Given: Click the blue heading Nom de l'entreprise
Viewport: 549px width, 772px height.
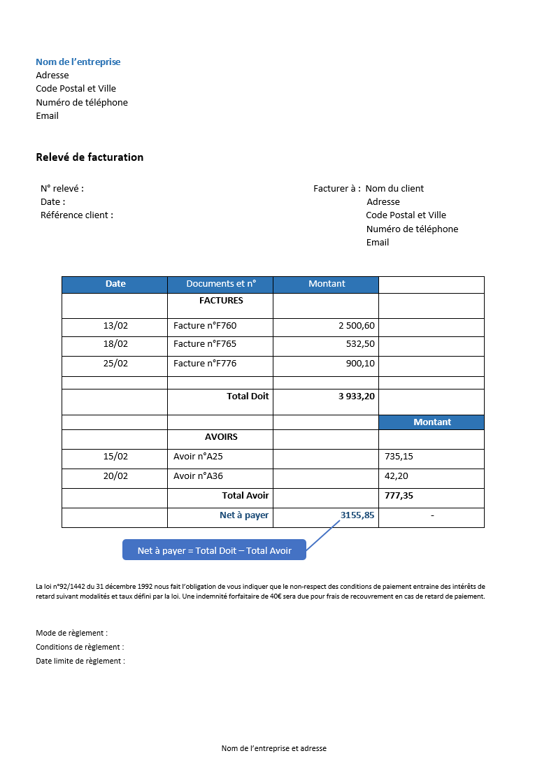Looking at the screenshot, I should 78,62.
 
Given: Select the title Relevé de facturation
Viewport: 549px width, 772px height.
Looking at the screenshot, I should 90,157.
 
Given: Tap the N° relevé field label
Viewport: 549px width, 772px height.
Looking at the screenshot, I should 62,188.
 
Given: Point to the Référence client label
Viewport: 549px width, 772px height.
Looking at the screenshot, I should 77,215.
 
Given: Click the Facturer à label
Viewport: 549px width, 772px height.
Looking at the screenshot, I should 336,188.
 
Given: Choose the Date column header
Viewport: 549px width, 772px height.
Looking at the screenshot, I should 115,284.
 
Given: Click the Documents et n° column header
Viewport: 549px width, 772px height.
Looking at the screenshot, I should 221,284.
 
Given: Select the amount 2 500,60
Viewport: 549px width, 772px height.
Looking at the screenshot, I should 357,326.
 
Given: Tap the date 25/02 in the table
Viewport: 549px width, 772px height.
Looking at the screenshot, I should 115,364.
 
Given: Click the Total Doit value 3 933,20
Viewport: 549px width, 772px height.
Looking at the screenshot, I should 357,396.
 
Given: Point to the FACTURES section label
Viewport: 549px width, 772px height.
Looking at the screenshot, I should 221,301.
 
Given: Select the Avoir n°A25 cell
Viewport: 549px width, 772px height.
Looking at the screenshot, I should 198,457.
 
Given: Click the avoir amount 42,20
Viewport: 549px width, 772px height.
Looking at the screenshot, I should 397,476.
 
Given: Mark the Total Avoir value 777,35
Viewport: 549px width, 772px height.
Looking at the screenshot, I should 399,496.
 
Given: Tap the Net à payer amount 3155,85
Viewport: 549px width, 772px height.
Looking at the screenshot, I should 357,515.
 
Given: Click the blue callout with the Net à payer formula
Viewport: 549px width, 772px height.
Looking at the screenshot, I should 214,550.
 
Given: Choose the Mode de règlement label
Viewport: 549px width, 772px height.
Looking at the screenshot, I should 71,633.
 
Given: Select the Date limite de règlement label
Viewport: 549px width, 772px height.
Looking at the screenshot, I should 80,661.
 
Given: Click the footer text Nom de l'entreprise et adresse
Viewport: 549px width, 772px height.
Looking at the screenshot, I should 274,748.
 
